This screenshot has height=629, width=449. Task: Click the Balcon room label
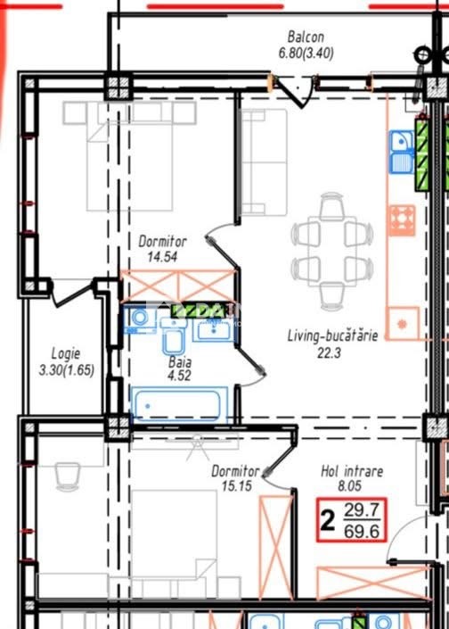306,37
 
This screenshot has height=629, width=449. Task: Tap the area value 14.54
162,257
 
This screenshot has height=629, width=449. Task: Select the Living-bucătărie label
332,335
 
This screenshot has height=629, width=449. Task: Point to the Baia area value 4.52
179,376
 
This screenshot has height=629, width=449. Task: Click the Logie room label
66,354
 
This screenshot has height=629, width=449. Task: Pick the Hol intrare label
352,471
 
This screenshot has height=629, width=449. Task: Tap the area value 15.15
237,486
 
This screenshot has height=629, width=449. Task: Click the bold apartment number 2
327,520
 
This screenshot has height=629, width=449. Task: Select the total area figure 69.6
362,532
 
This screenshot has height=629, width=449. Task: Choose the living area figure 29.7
362,510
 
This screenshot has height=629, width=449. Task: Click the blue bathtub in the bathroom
179,405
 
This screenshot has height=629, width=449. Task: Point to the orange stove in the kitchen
402,220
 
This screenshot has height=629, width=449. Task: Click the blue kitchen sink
401,152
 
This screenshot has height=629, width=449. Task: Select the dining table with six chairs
332,252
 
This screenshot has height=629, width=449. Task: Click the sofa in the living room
264,161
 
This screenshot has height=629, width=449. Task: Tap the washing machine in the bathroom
140,319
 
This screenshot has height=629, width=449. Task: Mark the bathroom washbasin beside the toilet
212,330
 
